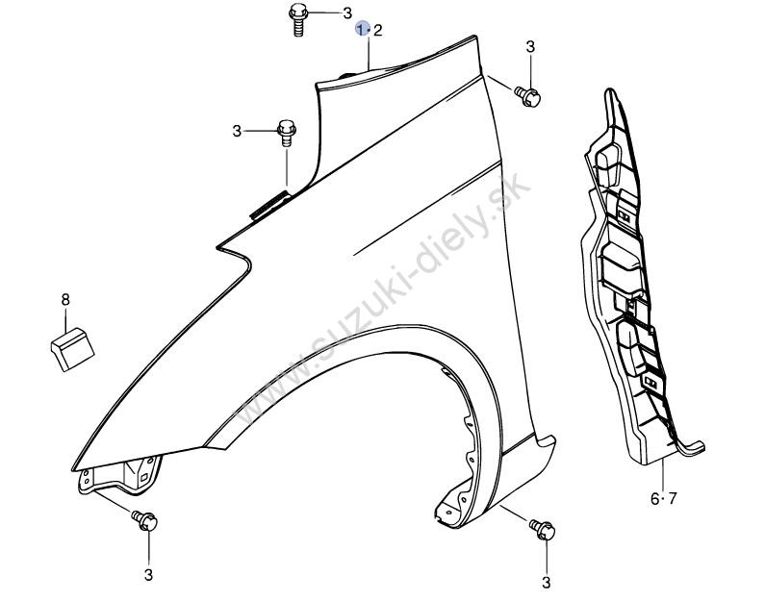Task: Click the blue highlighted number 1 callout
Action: point(362,30)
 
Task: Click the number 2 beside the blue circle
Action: point(377,31)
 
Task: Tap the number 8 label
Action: point(65,299)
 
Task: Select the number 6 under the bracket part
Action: point(654,499)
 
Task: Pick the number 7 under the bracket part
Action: point(673,499)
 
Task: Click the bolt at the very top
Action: point(297,19)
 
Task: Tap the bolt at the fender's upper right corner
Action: point(527,96)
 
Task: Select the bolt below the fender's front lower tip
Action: point(144,520)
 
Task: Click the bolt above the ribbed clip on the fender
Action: point(287,132)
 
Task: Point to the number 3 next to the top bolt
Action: point(347,13)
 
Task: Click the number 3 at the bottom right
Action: point(546,583)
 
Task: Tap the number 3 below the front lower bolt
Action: point(148,575)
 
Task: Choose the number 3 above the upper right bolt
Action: point(530,47)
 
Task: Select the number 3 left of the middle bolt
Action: point(237,131)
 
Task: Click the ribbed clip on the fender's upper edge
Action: point(270,204)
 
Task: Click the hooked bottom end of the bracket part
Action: point(692,449)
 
